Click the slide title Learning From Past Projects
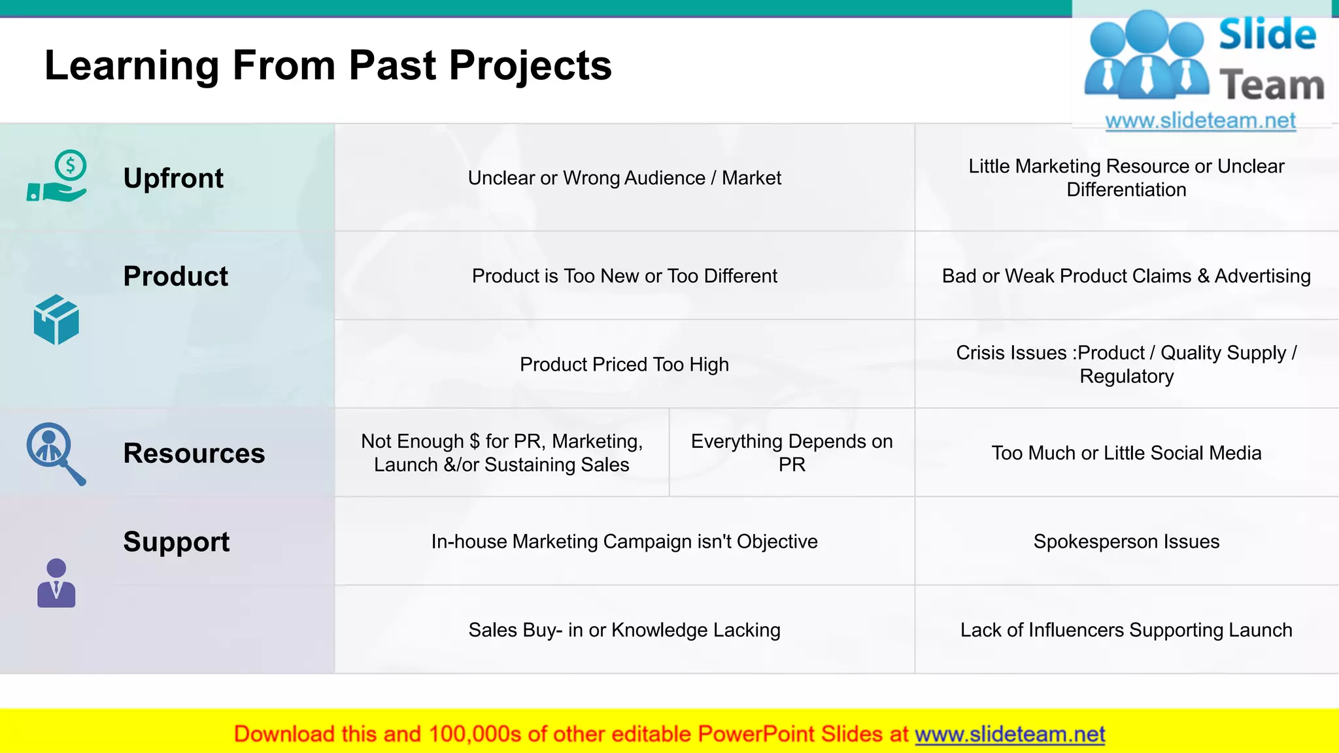point(328,65)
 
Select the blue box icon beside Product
point(56,320)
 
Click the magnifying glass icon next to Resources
point(55,453)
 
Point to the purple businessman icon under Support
point(56,583)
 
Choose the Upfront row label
point(173,178)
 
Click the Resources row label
point(194,453)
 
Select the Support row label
point(177,541)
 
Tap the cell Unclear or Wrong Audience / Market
point(624,178)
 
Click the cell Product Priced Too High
point(624,364)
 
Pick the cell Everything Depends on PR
point(792,452)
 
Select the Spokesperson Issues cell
point(1126,541)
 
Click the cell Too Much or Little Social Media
point(1126,453)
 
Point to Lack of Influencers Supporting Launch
point(1126,629)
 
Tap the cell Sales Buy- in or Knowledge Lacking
point(624,629)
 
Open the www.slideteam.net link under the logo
point(1200,121)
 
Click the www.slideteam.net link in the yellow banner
point(1009,734)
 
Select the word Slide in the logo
point(1267,35)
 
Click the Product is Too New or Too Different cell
point(624,276)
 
